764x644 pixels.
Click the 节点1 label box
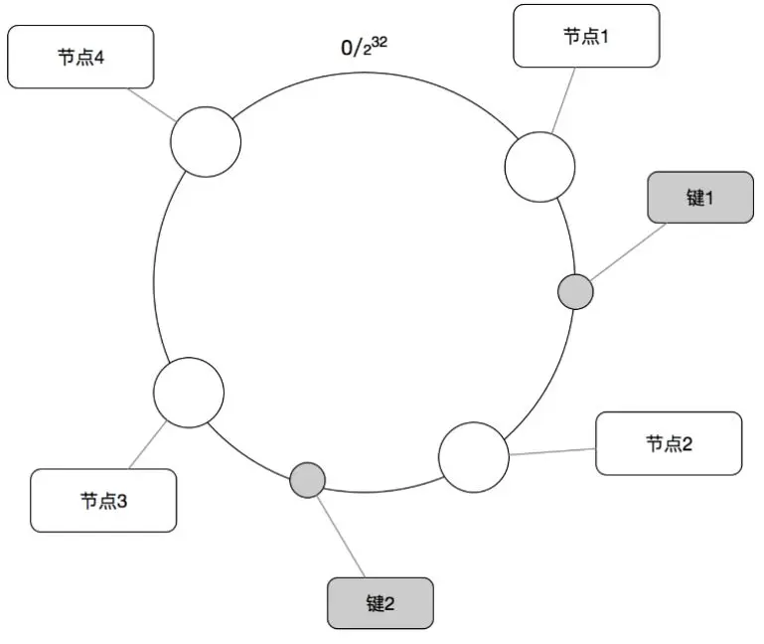586,37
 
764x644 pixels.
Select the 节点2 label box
669,443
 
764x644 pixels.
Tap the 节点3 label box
103,501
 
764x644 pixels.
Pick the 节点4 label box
80,57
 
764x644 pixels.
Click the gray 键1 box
699,197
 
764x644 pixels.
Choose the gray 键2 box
381,602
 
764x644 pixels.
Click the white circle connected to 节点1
540,166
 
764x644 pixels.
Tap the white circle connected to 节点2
474,457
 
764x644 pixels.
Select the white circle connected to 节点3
189,393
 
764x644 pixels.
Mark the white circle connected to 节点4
206,142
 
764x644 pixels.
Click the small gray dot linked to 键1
575,292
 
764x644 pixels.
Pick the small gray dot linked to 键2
308,480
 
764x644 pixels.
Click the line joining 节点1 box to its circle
564,100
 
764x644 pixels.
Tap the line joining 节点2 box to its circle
552,451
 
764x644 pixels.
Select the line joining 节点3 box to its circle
148,444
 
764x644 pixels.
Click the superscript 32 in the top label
379,41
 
